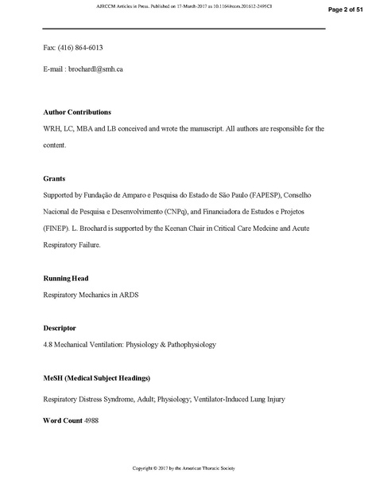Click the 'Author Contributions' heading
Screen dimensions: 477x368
coord(77,111)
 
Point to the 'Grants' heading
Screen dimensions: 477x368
coord(54,179)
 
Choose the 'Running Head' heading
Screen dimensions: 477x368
coord(65,279)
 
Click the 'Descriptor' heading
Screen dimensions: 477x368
coord(60,328)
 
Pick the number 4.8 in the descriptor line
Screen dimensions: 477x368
coord(48,345)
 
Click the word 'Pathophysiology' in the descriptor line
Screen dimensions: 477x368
coord(188,345)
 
